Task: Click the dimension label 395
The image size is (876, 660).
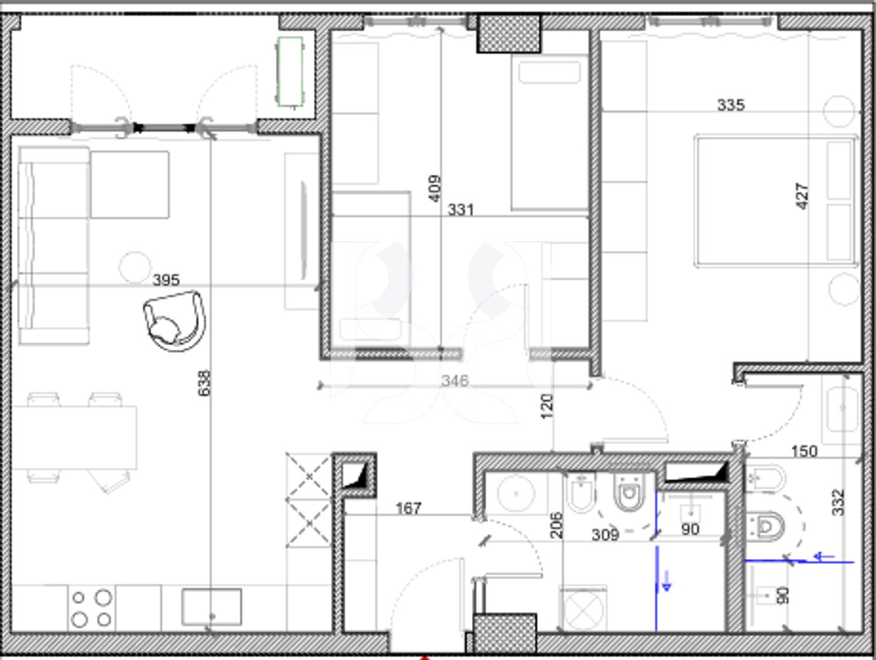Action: pos(166,280)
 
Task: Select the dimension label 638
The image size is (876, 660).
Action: pos(204,383)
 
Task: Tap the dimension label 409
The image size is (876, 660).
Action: pos(435,188)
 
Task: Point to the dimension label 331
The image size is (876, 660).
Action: pos(460,210)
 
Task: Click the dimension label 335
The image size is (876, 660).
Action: pos(730,105)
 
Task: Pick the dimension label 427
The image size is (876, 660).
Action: pos(802,196)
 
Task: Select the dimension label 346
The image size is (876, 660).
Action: pos(454,380)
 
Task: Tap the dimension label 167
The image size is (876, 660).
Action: pos(408,509)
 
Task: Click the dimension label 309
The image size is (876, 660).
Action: pos(606,534)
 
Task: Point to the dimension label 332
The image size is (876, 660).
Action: pos(837,503)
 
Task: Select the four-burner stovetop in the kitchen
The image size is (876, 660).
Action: pos(92,608)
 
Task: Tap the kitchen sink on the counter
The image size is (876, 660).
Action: pos(211,607)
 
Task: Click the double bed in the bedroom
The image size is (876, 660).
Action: pos(776,200)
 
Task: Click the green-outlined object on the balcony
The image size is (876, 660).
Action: pos(290,71)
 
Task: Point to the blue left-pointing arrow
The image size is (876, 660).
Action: pos(823,557)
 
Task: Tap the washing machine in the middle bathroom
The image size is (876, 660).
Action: pos(584,608)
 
